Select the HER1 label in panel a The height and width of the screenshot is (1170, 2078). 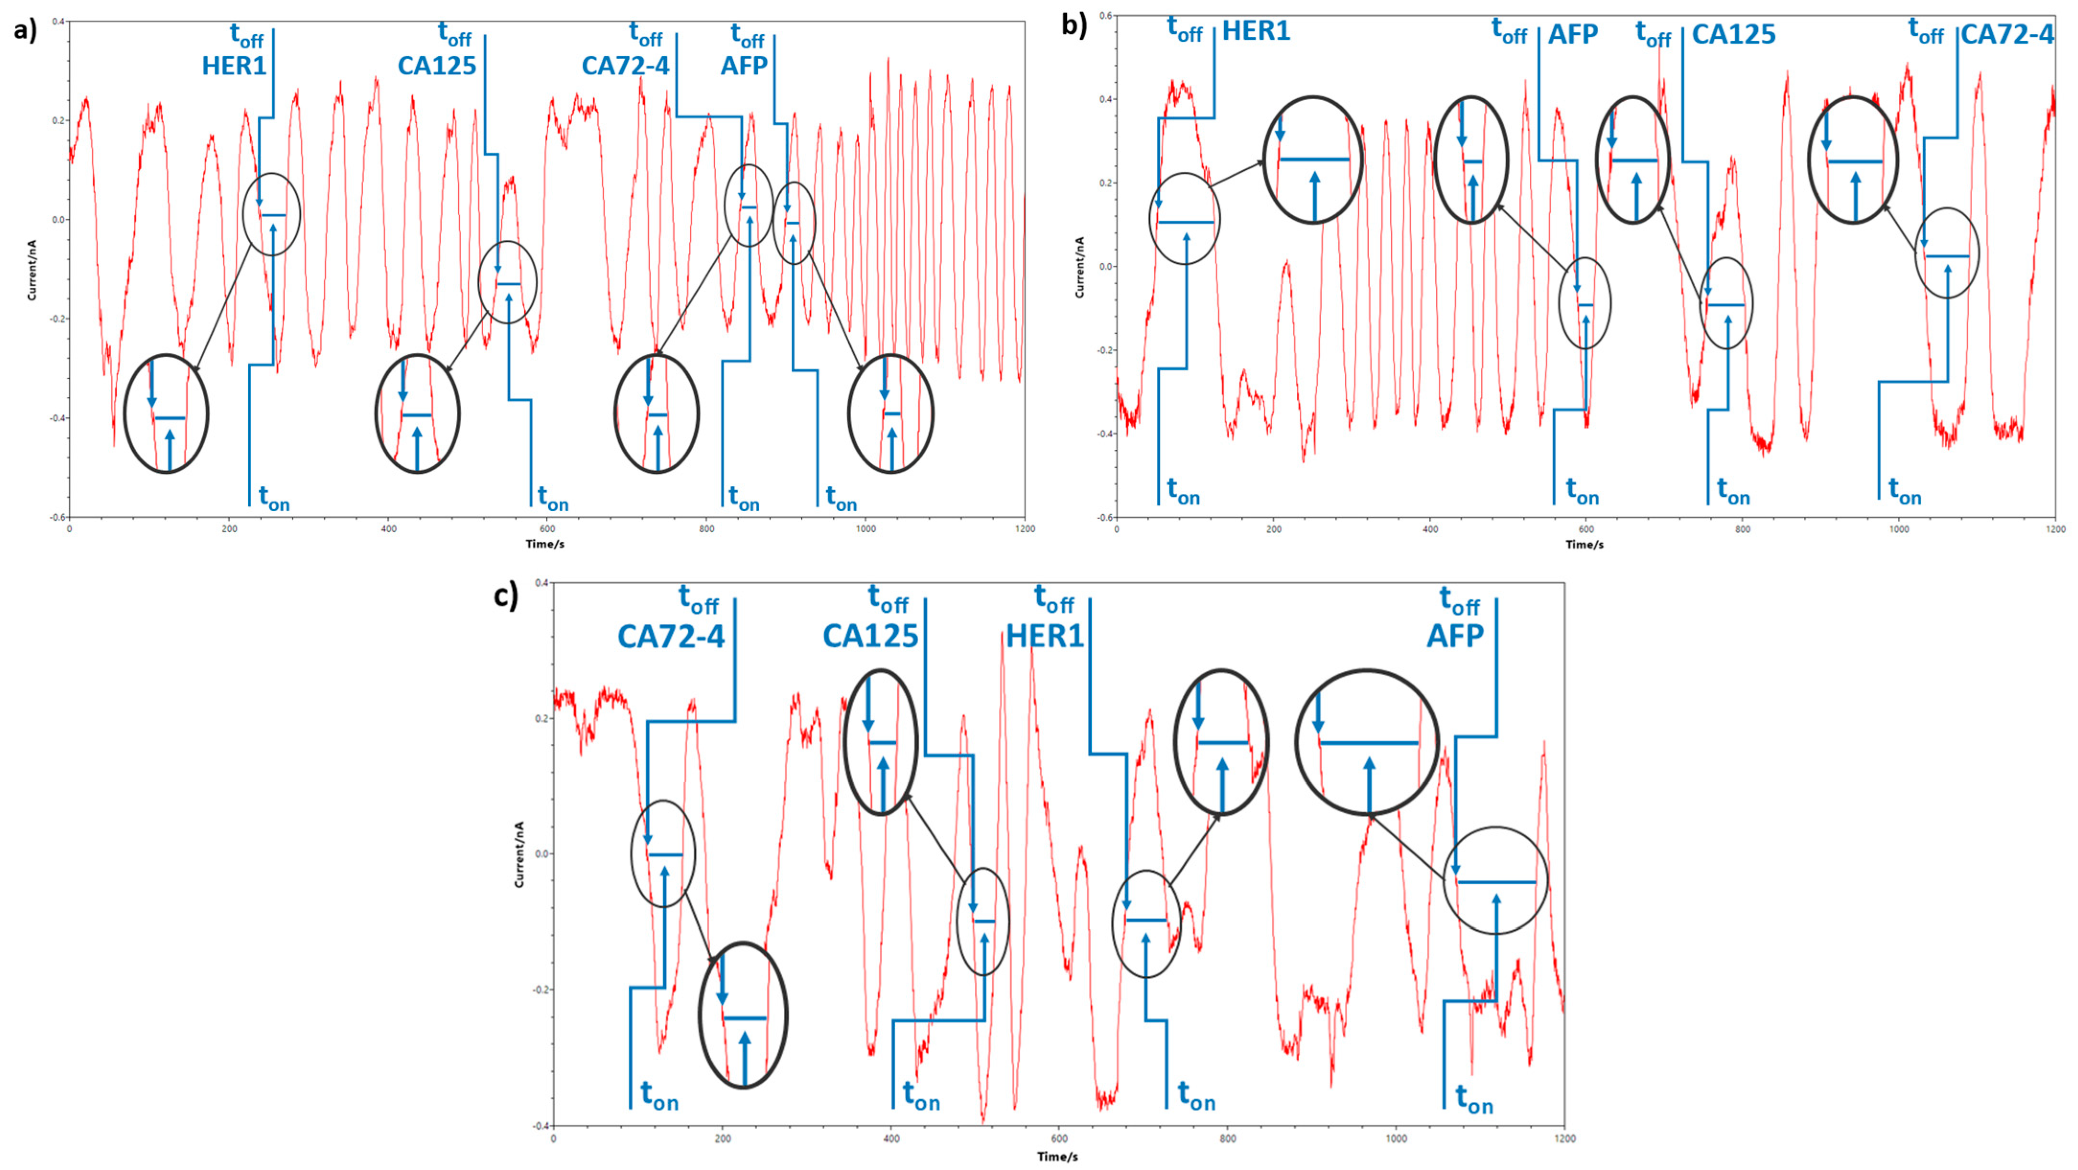click(x=234, y=65)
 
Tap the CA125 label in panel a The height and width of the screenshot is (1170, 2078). click(x=437, y=65)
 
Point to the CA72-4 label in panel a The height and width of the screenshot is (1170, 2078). click(x=625, y=65)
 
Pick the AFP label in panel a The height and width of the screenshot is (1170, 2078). click(x=744, y=65)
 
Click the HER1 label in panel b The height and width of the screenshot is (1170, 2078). click(x=1256, y=32)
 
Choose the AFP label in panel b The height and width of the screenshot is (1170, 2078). click(x=1572, y=35)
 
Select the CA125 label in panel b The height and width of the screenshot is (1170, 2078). click(x=1733, y=35)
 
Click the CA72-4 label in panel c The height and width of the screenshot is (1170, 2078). click(x=671, y=637)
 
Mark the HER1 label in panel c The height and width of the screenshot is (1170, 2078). click(x=1045, y=637)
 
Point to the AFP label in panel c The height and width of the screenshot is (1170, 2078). click(x=1455, y=637)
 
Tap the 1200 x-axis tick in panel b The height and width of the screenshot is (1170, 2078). click(x=2055, y=529)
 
